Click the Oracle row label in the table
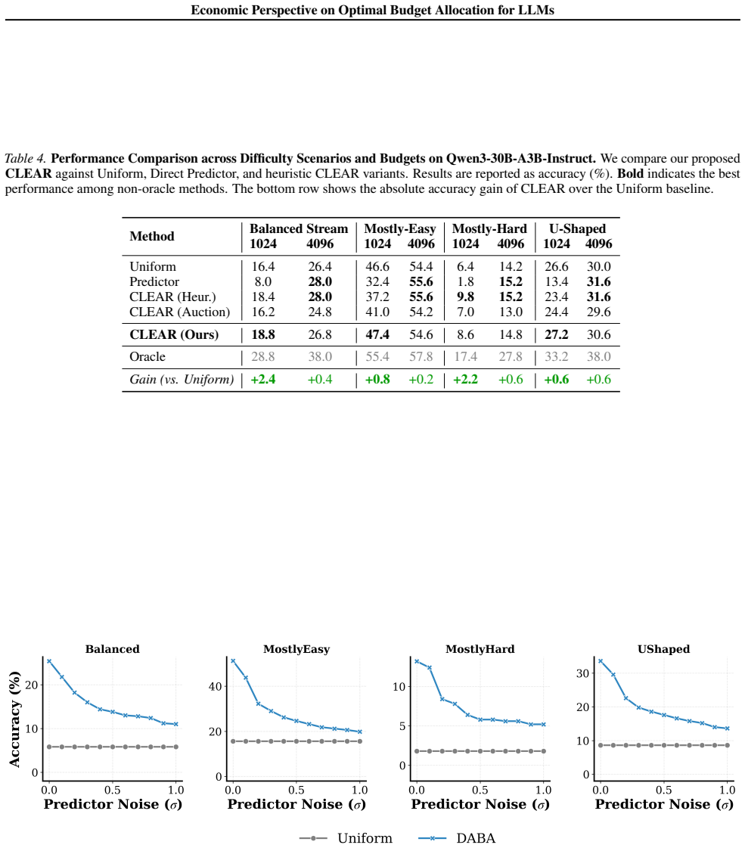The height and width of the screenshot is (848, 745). coord(147,357)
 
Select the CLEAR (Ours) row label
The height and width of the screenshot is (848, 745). coord(174,335)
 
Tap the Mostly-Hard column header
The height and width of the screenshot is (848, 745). coord(489,228)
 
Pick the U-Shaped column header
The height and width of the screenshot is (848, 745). coord(577,228)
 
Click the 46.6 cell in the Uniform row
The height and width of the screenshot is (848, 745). coord(377,266)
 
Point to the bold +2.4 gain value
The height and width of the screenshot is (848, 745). coord(263,380)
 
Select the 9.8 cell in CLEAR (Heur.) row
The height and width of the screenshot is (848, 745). coord(465,297)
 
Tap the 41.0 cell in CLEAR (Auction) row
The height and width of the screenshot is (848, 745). coord(377,312)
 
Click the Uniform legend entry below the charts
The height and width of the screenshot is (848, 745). coord(346,838)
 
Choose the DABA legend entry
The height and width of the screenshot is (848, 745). coord(457,838)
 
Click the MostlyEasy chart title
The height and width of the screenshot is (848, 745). coord(296,649)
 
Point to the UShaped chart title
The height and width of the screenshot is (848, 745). coord(664,649)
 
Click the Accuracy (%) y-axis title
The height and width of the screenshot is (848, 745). coord(14,719)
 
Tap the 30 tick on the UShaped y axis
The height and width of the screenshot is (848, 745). coord(582,673)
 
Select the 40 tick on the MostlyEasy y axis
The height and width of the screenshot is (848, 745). coord(215,686)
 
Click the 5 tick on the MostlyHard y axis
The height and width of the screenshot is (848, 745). coord(402,725)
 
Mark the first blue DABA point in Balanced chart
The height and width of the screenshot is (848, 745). coord(49,661)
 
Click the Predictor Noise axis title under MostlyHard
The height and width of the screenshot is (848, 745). coord(480,805)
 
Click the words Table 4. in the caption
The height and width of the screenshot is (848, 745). coord(26,158)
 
